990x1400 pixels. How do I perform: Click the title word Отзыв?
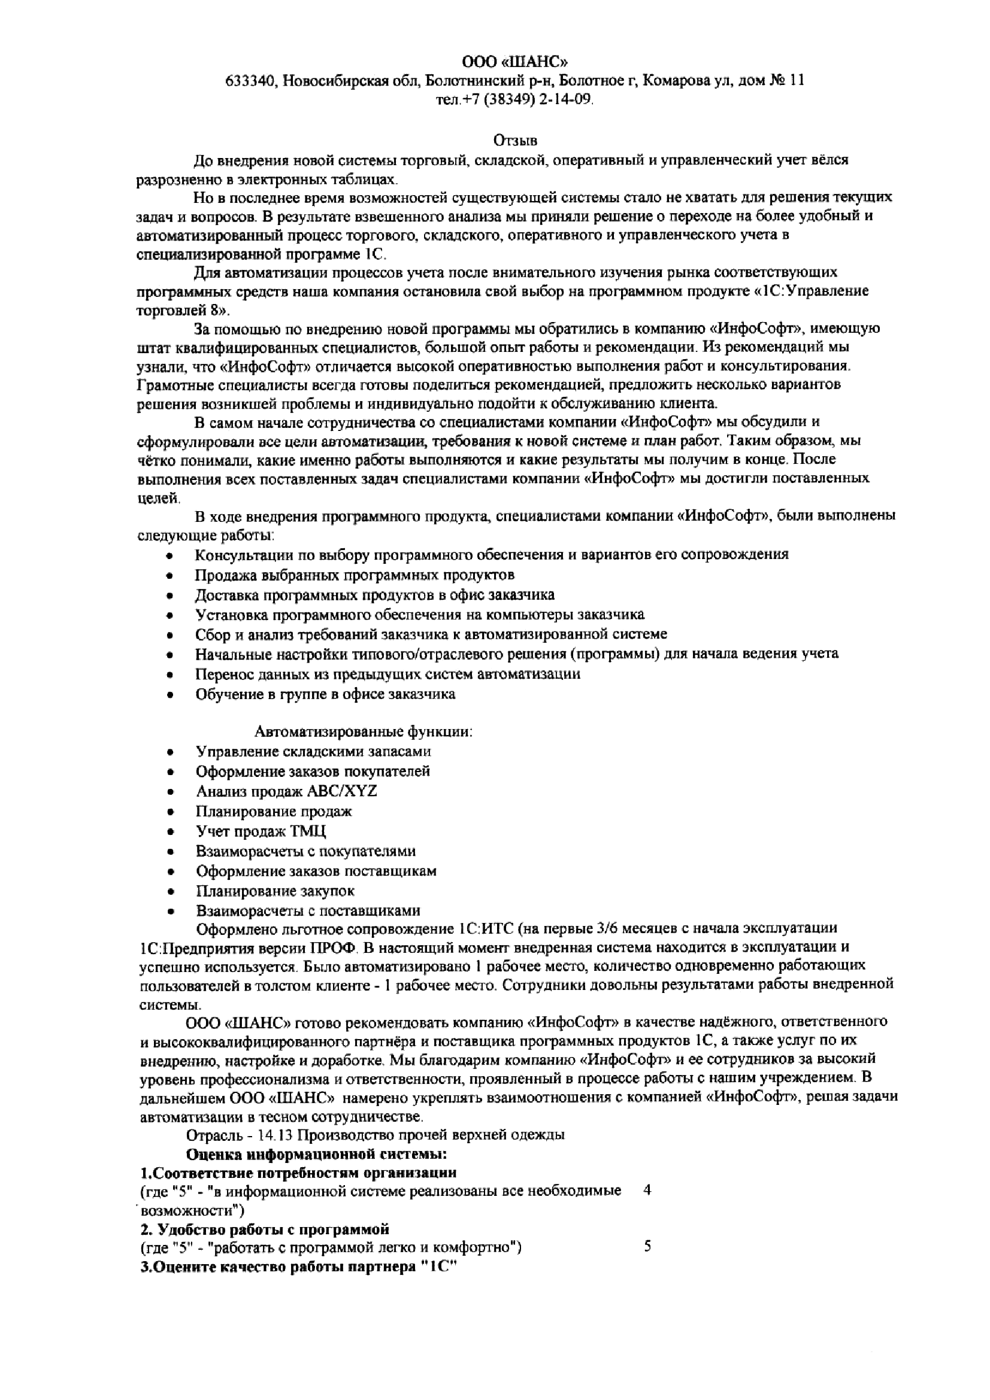point(515,141)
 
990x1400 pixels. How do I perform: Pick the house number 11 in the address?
point(797,80)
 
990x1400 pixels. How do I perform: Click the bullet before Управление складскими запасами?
point(171,752)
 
